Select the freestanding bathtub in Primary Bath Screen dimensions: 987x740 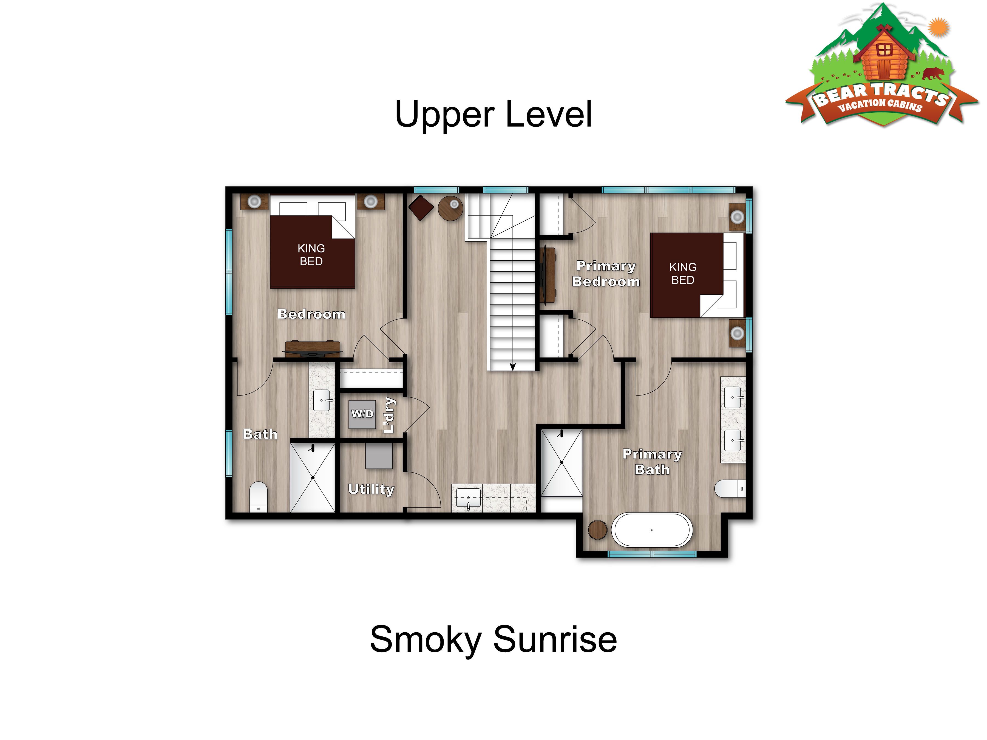pos(652,530)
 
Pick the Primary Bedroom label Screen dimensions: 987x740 pos(606,274)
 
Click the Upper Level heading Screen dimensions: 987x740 pos(493,114)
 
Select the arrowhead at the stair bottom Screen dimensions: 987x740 pos(513,367)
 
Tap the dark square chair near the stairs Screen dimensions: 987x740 pos(421,208)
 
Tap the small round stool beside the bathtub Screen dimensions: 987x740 pos(597,530)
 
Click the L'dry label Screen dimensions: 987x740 pos(389,415)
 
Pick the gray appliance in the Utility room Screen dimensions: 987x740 pos(379,456)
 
